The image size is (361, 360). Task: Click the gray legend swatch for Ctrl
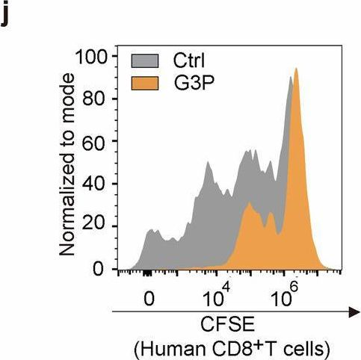click(146, 59)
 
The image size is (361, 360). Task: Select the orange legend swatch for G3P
click(146, 80)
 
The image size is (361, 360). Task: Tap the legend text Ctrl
click(188, 59)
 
